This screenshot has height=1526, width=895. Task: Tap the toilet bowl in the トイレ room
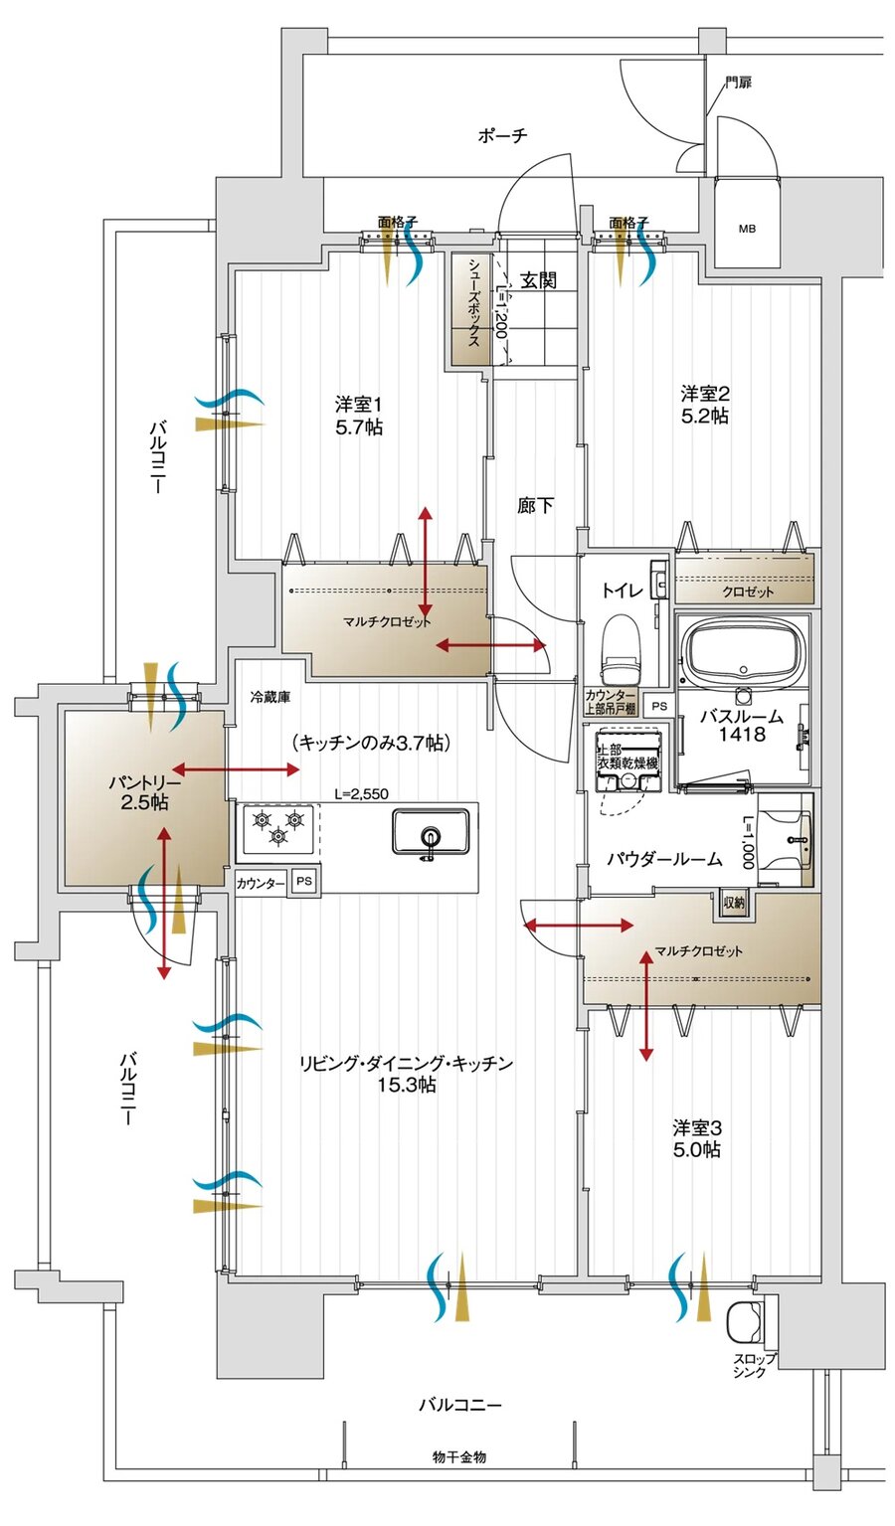tap(624, 643)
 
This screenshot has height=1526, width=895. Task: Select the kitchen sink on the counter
tap(431, 831)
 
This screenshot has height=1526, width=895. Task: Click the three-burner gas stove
tap(277, 829)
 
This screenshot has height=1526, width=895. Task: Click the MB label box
tap(746, 229)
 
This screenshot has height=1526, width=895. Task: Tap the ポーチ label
tap(502, 136)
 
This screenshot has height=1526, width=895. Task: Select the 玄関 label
tap(538, 280)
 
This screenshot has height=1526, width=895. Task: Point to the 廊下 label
tap(535, 506)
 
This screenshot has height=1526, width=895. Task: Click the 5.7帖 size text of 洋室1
tap(359, 427)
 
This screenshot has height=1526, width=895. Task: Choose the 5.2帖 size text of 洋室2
tap(704, 416)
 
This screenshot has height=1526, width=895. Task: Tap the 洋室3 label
tap(696, 1128)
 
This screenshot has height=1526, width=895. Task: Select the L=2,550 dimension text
tap(361, 793)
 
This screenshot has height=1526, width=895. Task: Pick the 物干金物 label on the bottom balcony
tap(458, 1456)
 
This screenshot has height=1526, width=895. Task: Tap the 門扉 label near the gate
tap(738, 83)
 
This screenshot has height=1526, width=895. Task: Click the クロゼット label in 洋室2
tap(747, 592)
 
